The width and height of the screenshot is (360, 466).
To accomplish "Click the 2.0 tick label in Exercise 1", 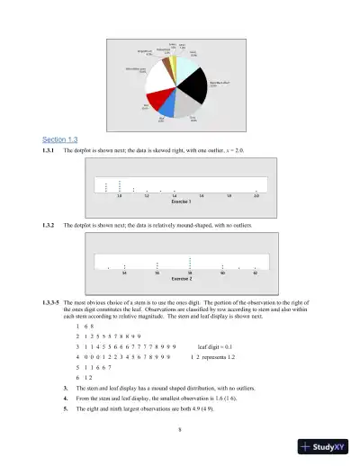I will [256, 195].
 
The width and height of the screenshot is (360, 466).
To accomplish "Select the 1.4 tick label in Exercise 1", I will [174, 195].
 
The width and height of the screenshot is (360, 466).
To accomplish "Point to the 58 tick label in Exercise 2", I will [190, 273].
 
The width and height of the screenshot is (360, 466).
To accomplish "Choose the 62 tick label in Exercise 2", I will [256, 273].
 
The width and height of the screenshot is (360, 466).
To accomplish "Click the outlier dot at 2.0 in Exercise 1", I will [256, 190].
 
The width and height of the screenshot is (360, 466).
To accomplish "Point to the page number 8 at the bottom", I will [181, 429].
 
